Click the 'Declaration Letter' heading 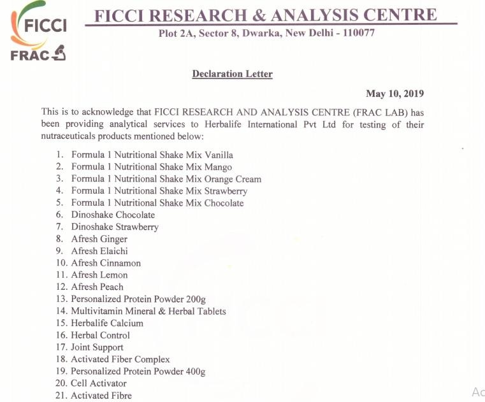pos(232,75)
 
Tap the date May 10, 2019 pos(395,94)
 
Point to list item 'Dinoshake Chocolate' pos(113,215)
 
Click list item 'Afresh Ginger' pos(99,239)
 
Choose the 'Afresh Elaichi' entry pos(99,251)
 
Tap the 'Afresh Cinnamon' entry pos(106,263)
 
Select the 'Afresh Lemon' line pos(99,275)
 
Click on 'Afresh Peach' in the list pos(98,287)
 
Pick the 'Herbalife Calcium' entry pos(107,323)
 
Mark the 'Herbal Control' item pos(100,335)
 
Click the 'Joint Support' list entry pos(97,347)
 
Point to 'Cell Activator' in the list pos(99,384)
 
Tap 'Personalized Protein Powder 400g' pos(138,371)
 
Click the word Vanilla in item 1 pos(219,155)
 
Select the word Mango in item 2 pos(219,167)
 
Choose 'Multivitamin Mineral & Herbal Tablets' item pos(148,312)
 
